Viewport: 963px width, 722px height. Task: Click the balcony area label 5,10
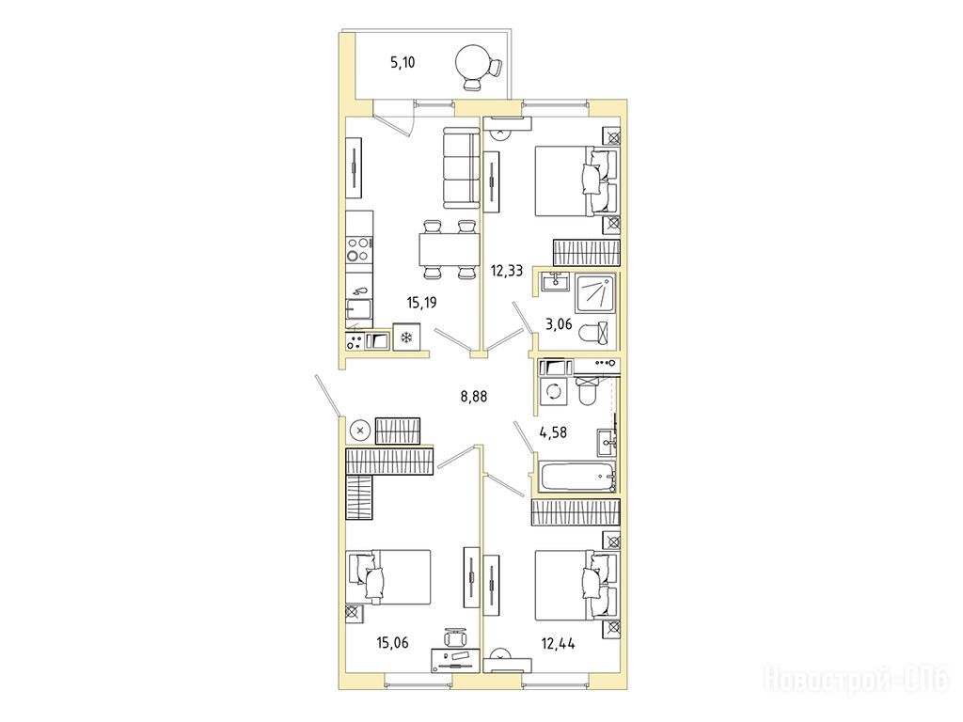click(403, 62)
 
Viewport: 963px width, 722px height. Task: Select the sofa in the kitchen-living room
click(460, 167)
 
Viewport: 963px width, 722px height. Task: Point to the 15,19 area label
click(422, 302)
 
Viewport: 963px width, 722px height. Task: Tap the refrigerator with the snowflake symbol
click(405, 337)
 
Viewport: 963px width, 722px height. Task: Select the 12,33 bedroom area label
click(507, 270)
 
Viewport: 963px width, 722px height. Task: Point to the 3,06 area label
click(559, 323)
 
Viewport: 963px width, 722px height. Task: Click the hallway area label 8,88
click(474, 397)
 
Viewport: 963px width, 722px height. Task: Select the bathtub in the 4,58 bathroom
click(577, 477)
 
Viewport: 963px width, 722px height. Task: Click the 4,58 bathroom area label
click(553, 432)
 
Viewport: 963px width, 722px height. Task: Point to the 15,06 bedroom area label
click(392, 643)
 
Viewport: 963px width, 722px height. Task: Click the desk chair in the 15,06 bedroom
click(455, 636)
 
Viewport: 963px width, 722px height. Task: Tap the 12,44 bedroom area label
click(559, 643)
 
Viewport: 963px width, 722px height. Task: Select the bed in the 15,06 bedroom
click(388, 577)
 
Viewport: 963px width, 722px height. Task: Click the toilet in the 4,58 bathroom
click(586, 391)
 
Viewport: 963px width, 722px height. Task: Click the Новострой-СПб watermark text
click(857, 681)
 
